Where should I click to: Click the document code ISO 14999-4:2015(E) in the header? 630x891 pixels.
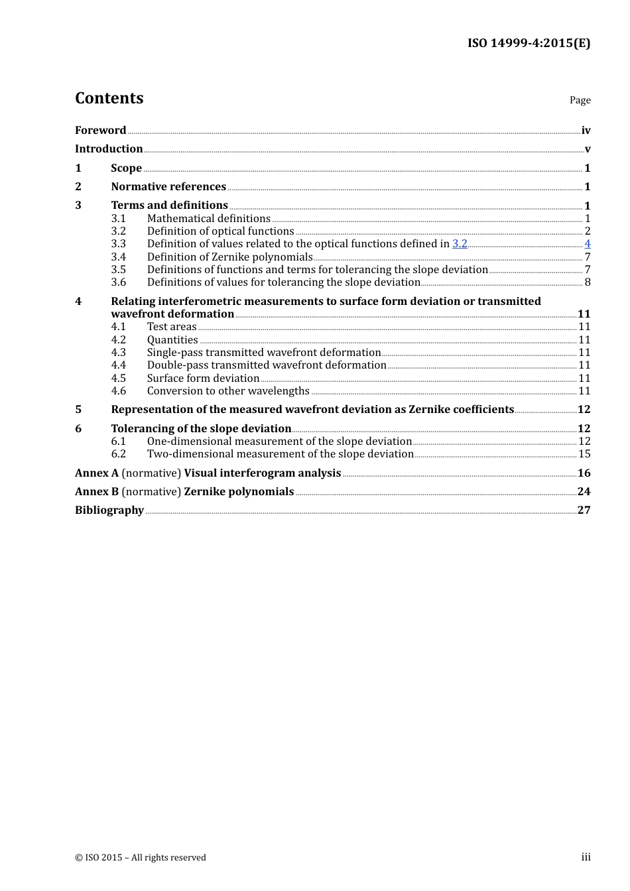pyautogui.click(x=529, y=43)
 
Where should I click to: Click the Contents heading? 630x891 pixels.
pyautogui.click(x=109, y=98)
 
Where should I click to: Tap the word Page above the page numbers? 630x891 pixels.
pyautogui.click(x=580, y=100)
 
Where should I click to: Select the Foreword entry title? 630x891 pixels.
pyautogui.click(x=100, y=130)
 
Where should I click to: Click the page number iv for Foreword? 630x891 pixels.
pyautogui.click(x=586, y=131)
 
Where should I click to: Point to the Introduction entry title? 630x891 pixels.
pyautogui.click(x=109, y=148)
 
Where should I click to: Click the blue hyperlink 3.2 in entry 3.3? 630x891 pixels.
pyautogui.click(x=460, y=244)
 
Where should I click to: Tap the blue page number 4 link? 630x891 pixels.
pyautogui.click(x=588, y=244)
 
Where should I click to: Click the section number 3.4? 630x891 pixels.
pyautogui.click(x=118, y=257)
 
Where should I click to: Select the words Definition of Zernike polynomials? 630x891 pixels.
pyautogui.click(x=229, y=257)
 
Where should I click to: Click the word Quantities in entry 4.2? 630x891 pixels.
pyautogui.click(x=172, y=339)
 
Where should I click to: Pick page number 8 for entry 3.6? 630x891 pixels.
pyautogui.click(x=588, y=282)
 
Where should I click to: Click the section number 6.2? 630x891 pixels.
pyautogui.click(x=118, y=454)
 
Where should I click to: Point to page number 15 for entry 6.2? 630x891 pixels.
pyautogui.click(x=584, y=454)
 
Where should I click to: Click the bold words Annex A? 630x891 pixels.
pyautogui.click(x=97, y=473)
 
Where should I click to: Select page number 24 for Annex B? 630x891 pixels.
pyautogui.click(x=584, y=491)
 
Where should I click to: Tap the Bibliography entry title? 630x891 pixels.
pyautogui.click(x=109, y=510)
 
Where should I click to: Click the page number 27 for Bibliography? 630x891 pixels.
pyautogui.click(x=584, y=510)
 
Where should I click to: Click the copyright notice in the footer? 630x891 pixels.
pyautogui.click(x=141, y=857)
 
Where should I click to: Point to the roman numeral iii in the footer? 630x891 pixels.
pyautogui.click(x=586, y=857)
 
